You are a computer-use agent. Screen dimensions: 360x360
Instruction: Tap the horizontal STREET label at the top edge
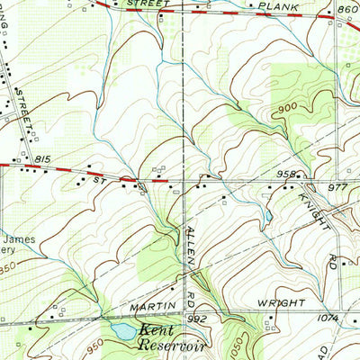(x=148, y=4)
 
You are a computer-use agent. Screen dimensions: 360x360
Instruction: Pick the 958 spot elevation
(x=286, y=174)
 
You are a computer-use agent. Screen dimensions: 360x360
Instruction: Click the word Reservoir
(x=175, y=345)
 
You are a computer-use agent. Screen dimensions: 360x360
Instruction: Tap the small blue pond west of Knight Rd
(x=267, y=216)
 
